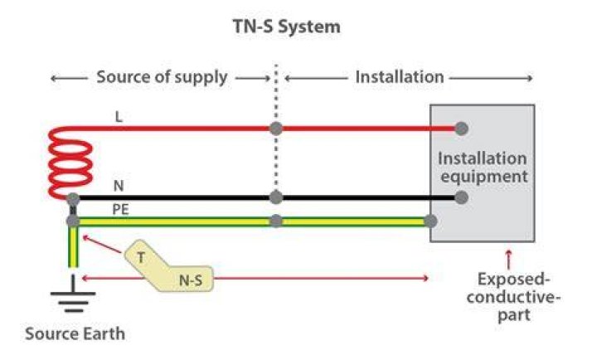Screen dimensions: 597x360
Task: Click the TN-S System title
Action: pyautogui.click(x=286, y=27)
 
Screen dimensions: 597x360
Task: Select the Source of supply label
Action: pyautogui.click(x=162, y=77)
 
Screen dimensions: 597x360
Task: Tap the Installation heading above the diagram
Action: pyautogui.click(x=400, y=77)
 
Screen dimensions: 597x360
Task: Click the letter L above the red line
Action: pyautogui.click(x=119, y=117)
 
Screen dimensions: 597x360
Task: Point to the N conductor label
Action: pyautogui.click(x=119, y=186)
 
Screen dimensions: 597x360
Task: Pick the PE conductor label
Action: pyautogui.click(x=120, y=210)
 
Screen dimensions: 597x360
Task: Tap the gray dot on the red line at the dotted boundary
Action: pyautogui.click(x=276, y=129)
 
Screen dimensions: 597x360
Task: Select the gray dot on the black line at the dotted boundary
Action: pyautogui.click(x=276, y=197)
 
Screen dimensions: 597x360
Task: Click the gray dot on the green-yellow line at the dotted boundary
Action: pyautogui.click(x=276, y=221)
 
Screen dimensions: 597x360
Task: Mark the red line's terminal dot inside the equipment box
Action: pyautogui.click(x=461, y=129)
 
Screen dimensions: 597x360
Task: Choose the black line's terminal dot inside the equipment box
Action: pyautogui.click(x=461, y=197)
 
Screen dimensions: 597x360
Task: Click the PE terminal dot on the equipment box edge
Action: pyautogui.click(x=430, y=221)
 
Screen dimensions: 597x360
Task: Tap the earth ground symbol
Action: pyautogui.click(x=73, y=294)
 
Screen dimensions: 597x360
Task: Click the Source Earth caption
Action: pyautogui.click(x=75, y=333)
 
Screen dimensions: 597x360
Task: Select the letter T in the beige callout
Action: pyautogui.click(x=141, y=258)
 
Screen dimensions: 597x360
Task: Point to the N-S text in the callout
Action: pyautogui.click(x=191, y=280)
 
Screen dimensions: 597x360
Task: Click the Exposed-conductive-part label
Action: pyautogui.click(x=513, y=297)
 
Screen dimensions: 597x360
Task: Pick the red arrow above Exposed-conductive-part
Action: pyautogui.click(x=508, y=260)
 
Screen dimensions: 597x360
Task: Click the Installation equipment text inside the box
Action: pyautogui.click(x=483, y=168)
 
